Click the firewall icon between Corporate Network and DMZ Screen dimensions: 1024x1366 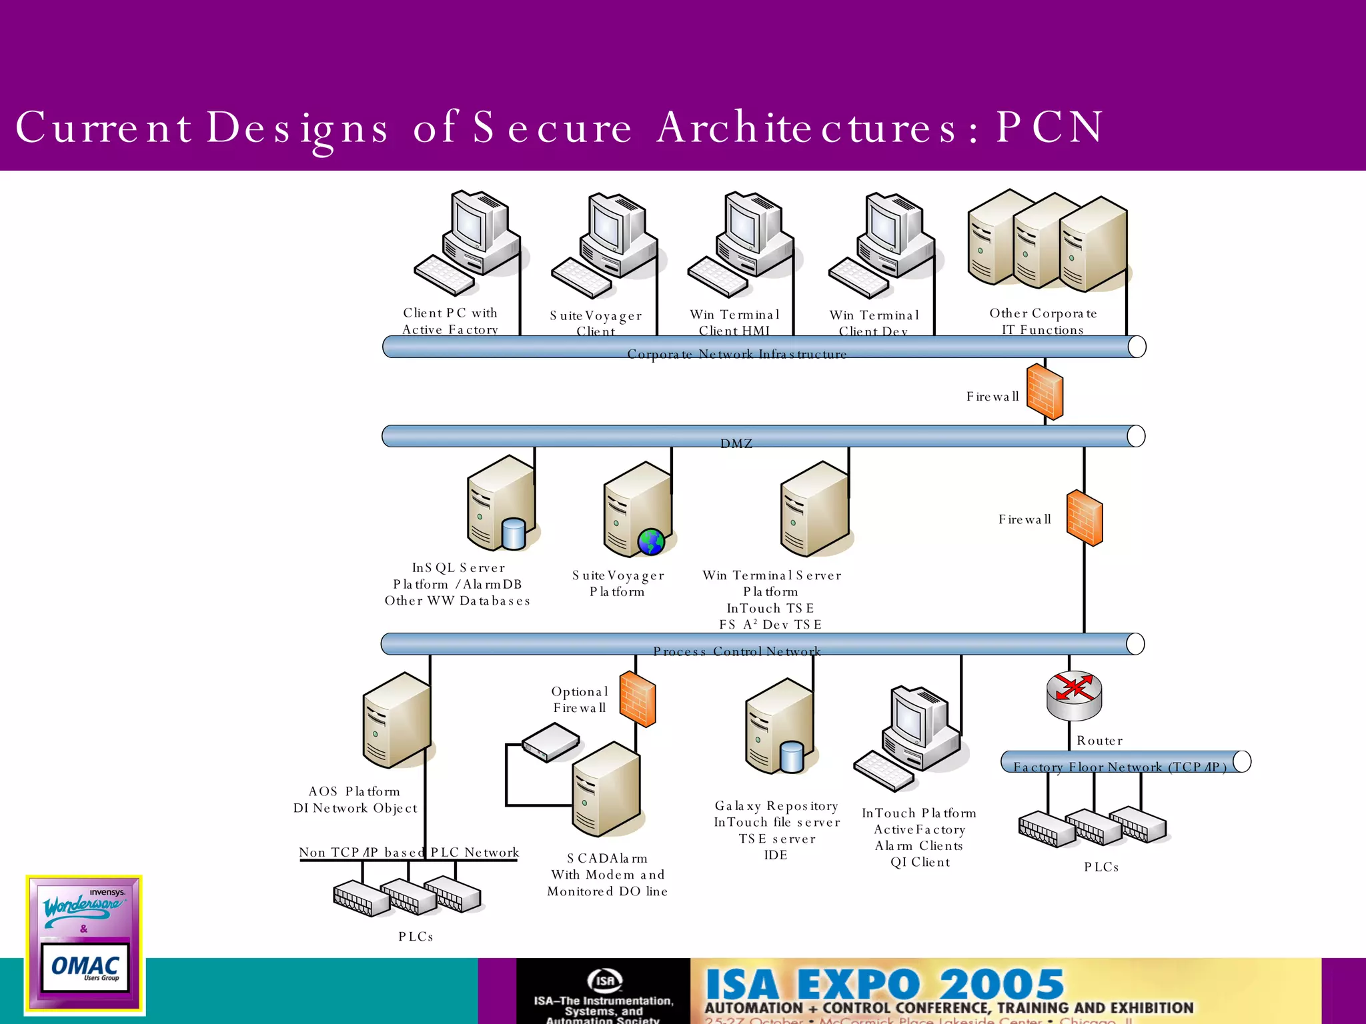[x=1045, y=392]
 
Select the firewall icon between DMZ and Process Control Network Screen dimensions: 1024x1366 [x=1085, y=519]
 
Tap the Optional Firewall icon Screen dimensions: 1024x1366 [x=638, y=699]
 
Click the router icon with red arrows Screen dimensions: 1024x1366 [x=1074, y=695]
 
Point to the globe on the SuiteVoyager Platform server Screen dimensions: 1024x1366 [x=651, y=542]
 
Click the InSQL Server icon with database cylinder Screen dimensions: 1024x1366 [x=502, y=505]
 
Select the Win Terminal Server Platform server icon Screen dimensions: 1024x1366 [x=815, y=510]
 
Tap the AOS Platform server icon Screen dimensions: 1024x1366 [x=396, y=721]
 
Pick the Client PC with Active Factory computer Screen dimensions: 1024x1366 [x=467, y=243]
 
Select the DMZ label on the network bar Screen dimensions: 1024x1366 [x=736, y=443]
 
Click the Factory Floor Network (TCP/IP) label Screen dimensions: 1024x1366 [x=1119, y=767]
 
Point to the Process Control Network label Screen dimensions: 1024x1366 [x=736, y=651]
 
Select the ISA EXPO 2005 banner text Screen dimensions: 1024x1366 [x=884, y=984]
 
